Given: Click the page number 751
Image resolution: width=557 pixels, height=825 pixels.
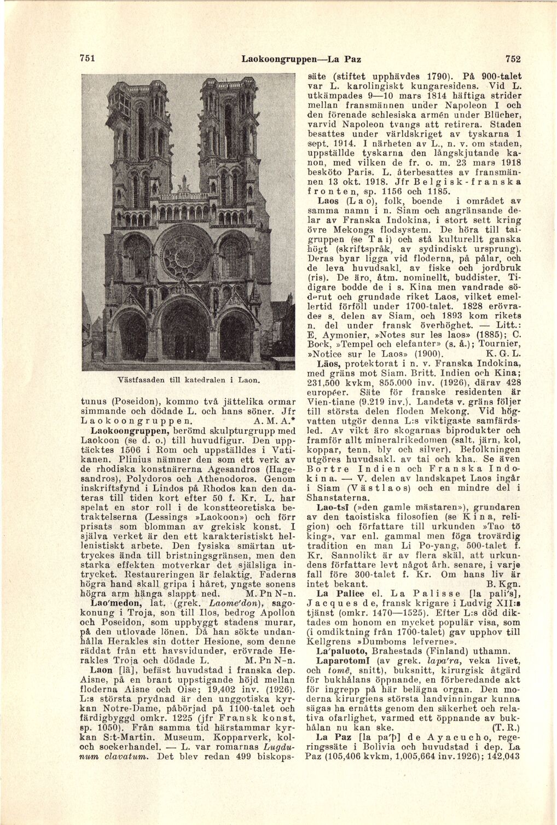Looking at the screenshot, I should point(88,59).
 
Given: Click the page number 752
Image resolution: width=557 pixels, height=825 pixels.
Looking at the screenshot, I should point(512,59).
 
